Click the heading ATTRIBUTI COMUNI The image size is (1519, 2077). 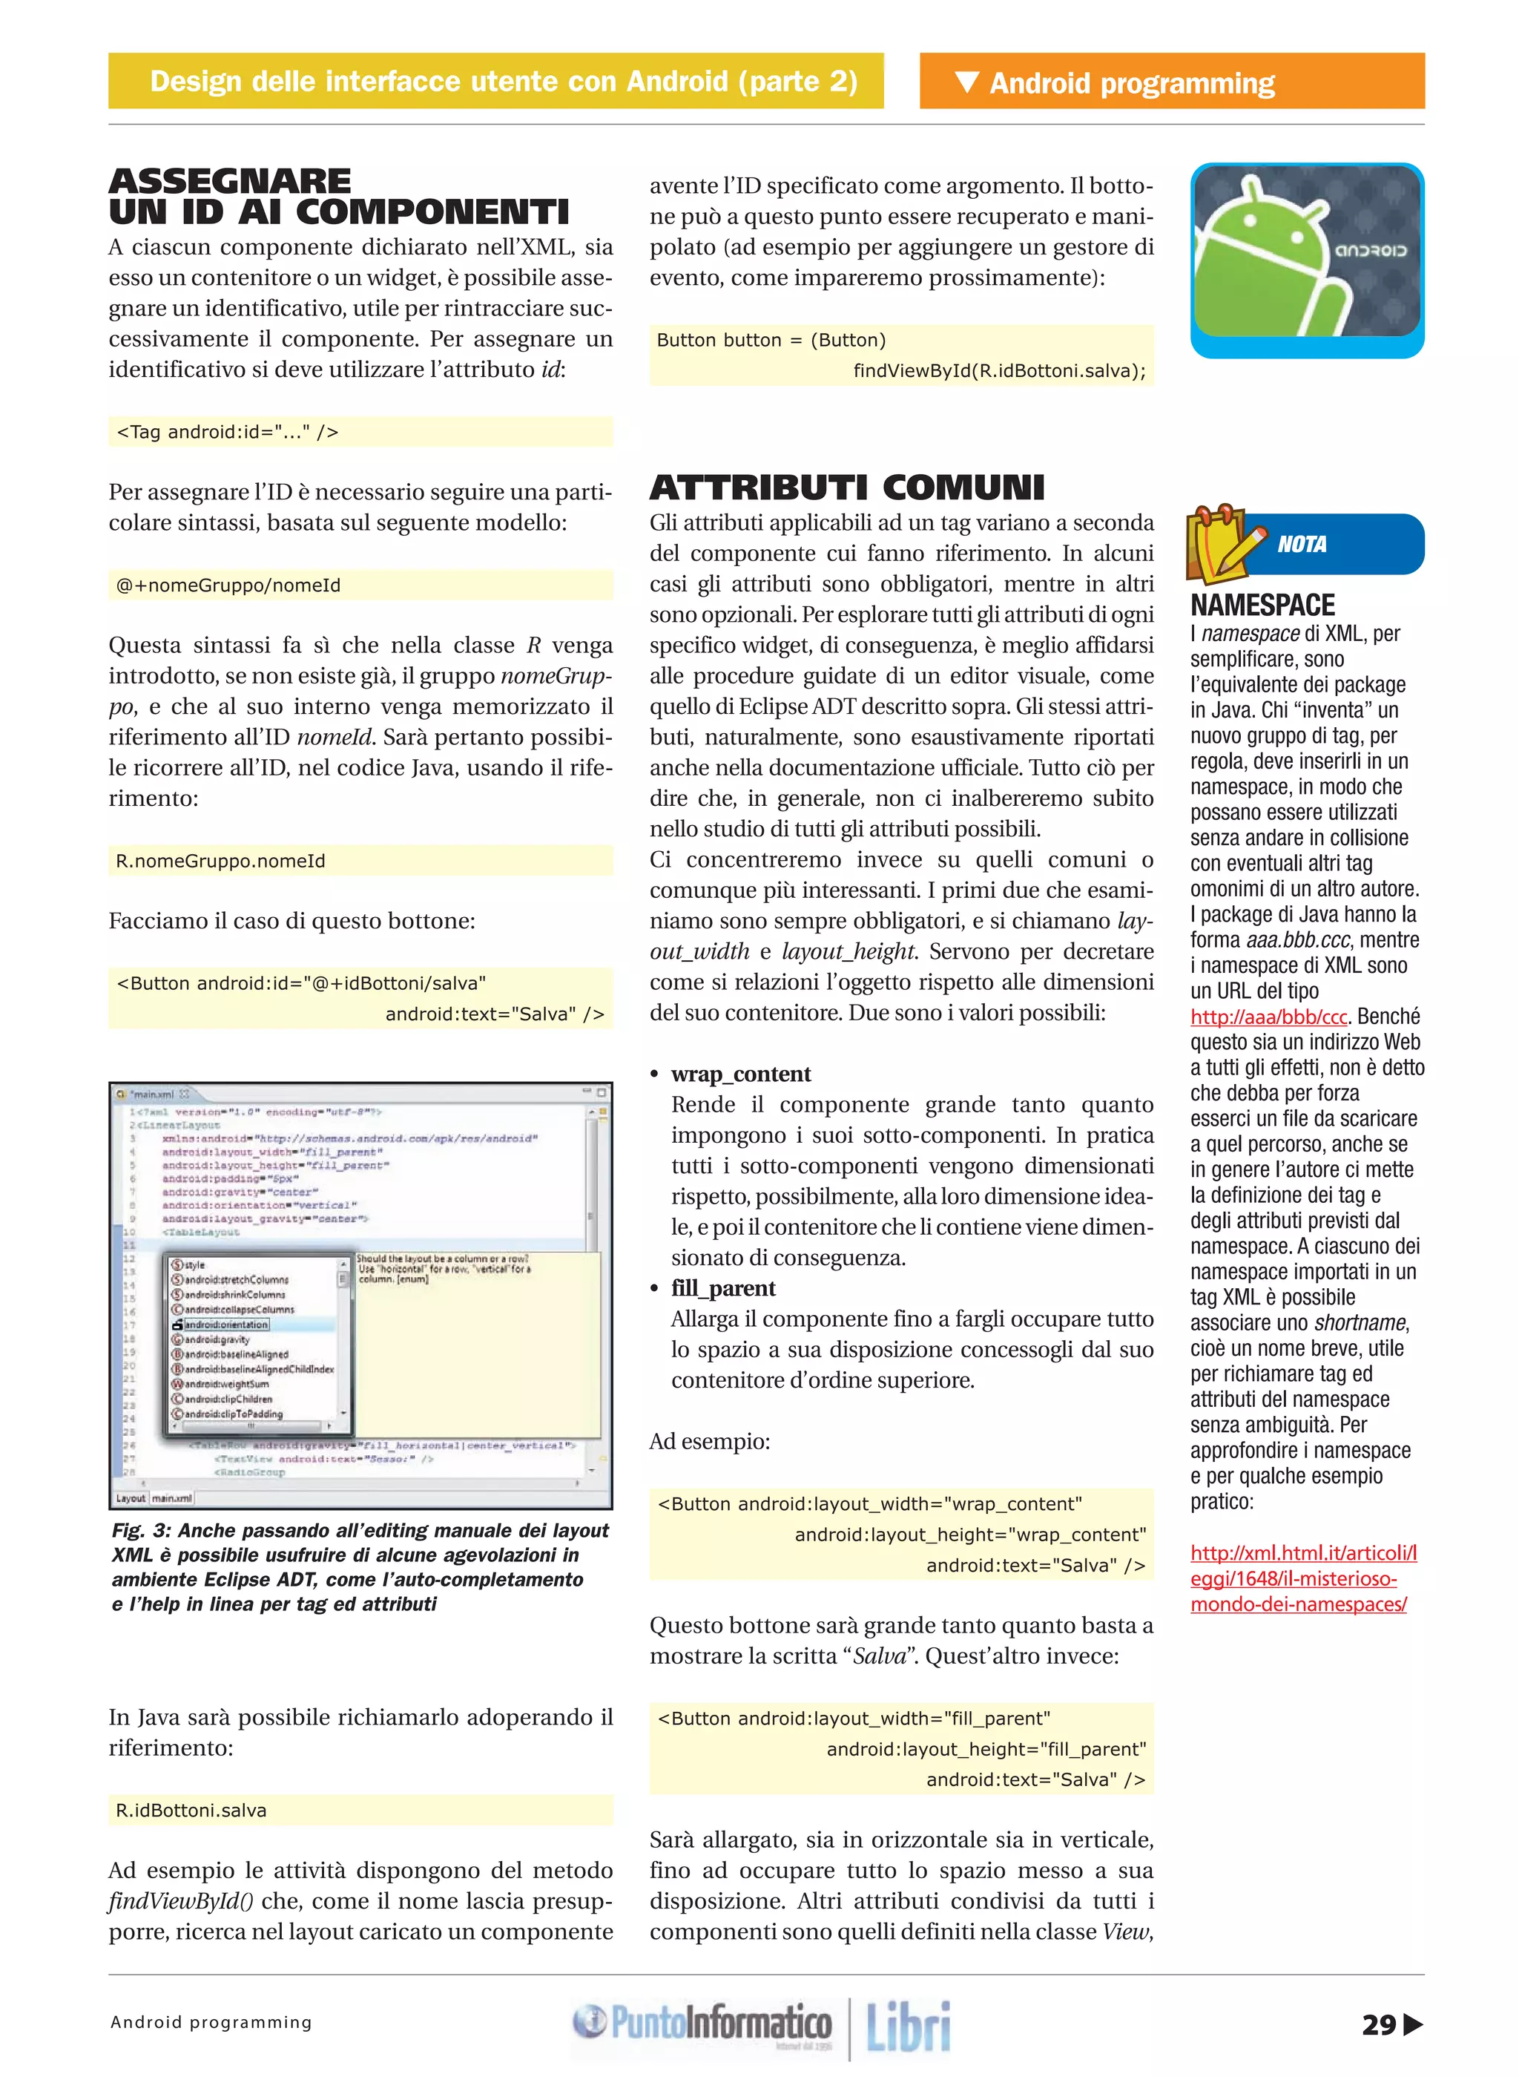[x=847, y=488]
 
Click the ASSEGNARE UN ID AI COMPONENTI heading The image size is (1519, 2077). [x=338, y=196]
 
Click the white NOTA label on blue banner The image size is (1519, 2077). [x=1302, y=545]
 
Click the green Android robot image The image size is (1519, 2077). [x=1305, y=260]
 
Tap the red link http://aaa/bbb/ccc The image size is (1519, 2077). [x=1268, y=1017]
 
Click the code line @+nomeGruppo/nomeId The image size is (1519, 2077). [x=228, y=585]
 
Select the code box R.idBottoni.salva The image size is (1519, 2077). [x=191, y=1811]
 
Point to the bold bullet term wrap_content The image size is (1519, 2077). [x=740, y=1074]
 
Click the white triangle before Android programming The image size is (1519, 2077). [x=966, y=82]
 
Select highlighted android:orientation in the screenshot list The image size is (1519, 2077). [x=226, y=1324]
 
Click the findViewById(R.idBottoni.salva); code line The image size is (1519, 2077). [x=998, y=371]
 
